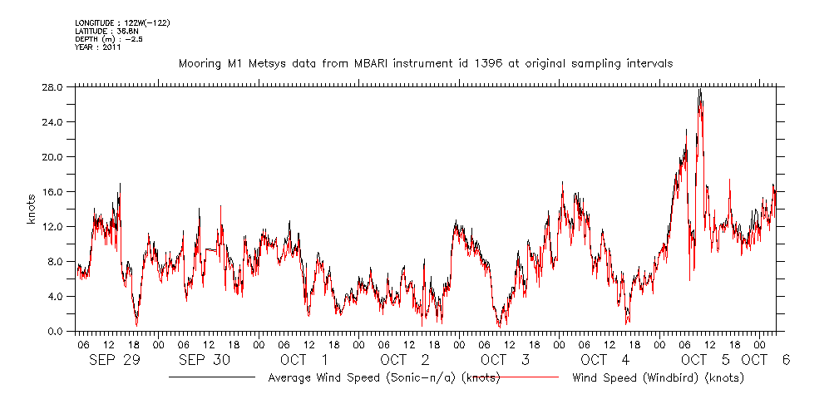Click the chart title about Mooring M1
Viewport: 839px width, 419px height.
(426, 63)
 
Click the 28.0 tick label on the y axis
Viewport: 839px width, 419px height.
(53, 87)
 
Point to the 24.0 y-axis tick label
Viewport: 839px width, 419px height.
(53, 122)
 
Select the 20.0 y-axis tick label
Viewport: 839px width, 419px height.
(53, 157)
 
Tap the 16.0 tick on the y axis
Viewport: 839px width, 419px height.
(53, 192)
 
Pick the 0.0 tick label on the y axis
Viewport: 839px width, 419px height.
(56, 332)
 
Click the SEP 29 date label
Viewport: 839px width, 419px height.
(115, 360)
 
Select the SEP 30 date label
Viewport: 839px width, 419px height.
(204, 360)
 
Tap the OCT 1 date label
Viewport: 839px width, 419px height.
(304, 360)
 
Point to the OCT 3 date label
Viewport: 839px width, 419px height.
(505, 360)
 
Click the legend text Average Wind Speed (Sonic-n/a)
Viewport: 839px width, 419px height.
(383, 378)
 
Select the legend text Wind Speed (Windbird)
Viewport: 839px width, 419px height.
(658, 378)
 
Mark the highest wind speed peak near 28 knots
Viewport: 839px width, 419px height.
(700, 90)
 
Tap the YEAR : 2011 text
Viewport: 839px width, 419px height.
(98, 47)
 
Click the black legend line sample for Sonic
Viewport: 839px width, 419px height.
(212, 377)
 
